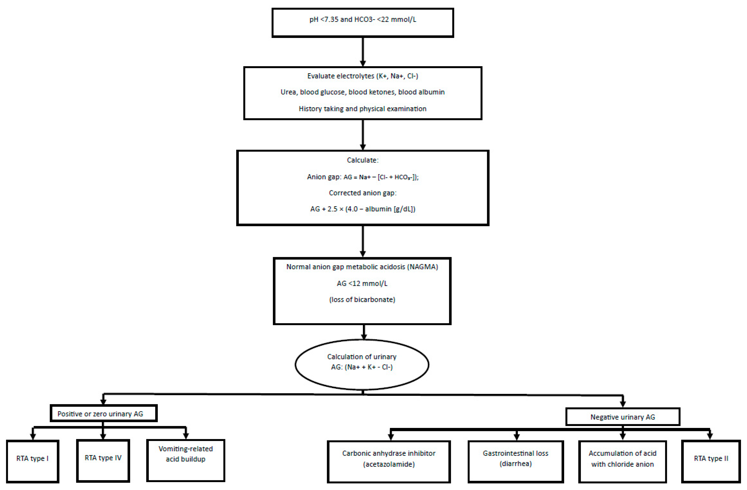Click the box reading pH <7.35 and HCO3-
[x=363, y=23]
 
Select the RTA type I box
[x=33, y=461]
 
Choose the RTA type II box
[x=711, y=461]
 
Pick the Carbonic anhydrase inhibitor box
[x=389, y=461]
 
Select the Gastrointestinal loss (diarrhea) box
[x=516, y=461]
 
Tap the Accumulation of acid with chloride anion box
[x=622, y=461]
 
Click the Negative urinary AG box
[x=623, y=417]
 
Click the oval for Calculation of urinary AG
[x=362, y=364]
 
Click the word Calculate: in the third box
[x=363, y=160]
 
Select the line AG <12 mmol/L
[x=362, y=283]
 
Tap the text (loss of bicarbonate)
[x=362, y=299]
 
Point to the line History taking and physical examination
[x=363, y=109]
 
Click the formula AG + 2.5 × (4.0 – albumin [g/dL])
[x=363, y=209]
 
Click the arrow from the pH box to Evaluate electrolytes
[x=363, y=52]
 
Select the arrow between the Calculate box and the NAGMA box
[x=363, y=241]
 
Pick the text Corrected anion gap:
[x=363, y=193]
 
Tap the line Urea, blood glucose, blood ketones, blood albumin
[x=363, y=92]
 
